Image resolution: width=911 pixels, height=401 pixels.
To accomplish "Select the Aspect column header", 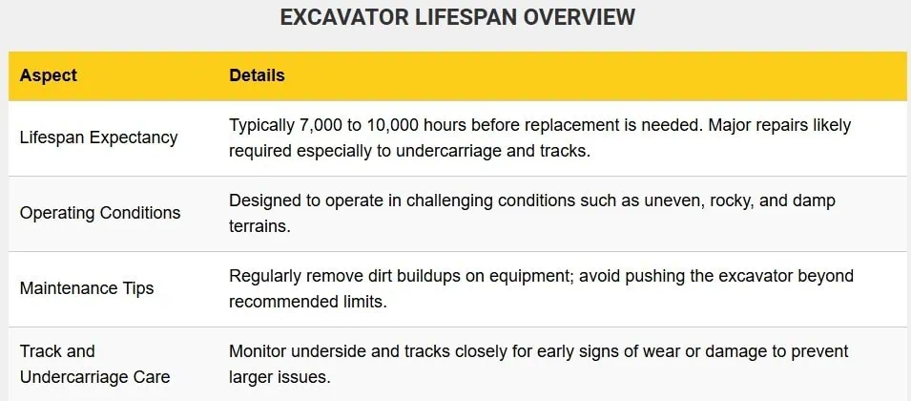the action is coord(49,75).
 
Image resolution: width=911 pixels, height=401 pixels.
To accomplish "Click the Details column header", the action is coord(257,75).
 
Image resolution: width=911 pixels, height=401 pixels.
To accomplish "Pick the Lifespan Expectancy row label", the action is coord(99,138).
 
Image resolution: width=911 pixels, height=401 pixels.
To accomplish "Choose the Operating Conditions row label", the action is coord(100,213).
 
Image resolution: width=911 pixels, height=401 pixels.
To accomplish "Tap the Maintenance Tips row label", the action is coord(87,288).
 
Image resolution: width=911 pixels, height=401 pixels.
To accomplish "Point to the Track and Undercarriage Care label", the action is coord(94,364).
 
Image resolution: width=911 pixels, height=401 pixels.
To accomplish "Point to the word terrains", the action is coord(259,225).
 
